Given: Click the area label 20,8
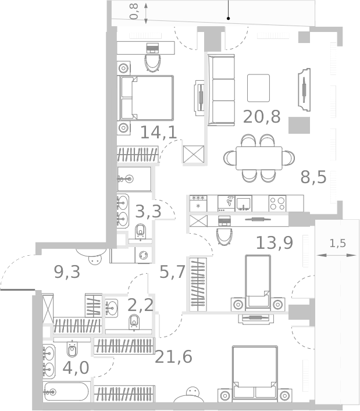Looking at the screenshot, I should pos(262,117).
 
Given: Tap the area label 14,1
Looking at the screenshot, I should pos(158,133).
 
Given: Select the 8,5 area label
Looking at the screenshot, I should pos(313,177).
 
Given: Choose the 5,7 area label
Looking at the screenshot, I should pos(172,271).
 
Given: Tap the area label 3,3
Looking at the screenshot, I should pos(148,212).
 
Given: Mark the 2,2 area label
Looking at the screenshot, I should pos(140,305).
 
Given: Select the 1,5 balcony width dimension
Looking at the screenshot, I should pos(338,244).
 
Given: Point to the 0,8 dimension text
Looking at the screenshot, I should pos(134,12).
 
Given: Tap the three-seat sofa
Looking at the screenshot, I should pos(222,90).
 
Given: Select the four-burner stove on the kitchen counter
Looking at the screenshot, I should pos(277,203).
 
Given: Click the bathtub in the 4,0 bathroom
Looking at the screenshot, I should pos(66,392).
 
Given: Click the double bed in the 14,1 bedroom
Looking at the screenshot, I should pos(147,98).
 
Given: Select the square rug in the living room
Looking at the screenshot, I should pos(258,88).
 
